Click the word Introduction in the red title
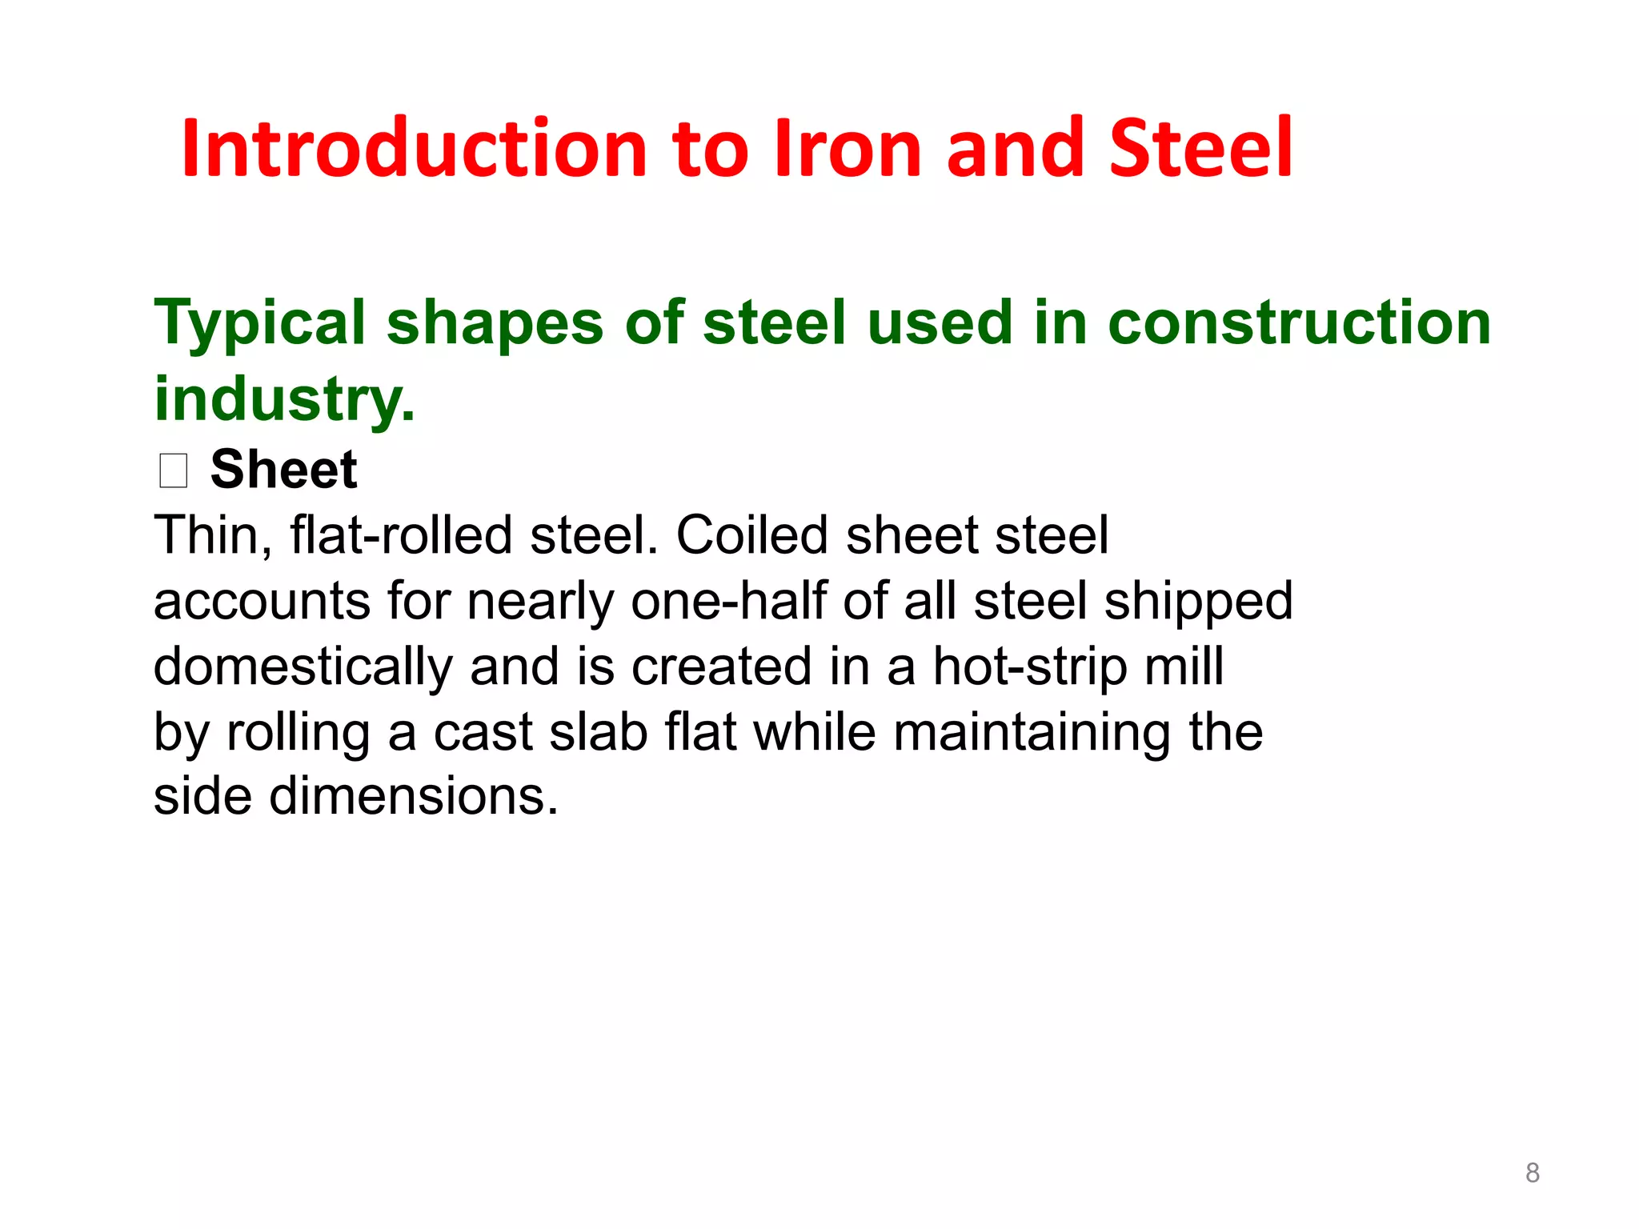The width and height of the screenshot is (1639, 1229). [x=414, y=148]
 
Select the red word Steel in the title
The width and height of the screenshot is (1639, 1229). [x=1200, y=148]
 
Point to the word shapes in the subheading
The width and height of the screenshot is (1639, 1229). [x=495, y=324]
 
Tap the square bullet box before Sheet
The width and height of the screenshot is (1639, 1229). [x=173, y=470]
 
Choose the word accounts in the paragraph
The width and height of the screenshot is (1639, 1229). [x=262, y=602]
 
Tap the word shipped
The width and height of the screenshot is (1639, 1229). [x=1198, y=602]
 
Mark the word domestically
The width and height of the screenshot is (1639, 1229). [x=303, y=667]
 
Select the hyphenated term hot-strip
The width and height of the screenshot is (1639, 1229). [x=1029, y=667]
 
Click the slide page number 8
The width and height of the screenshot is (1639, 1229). [x=1532, y=1173]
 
